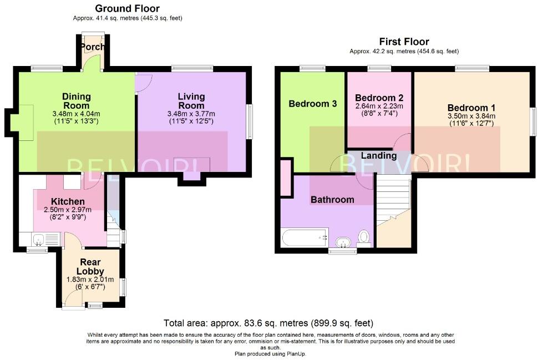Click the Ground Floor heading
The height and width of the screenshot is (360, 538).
click(128, 8)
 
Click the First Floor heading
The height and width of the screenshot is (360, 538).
click(404, 42)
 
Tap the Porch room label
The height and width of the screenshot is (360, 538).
click(92, 47)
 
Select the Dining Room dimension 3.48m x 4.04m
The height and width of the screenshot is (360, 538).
click(76, 114)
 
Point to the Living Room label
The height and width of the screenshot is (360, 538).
click(191, 101)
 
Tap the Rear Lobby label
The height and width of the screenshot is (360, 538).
click(90, 267)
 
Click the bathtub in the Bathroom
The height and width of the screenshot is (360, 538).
click(304, 237)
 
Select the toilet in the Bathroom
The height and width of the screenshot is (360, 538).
click(364, 238)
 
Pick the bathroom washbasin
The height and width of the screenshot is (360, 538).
click(342, 242)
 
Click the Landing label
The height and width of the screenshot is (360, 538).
click(379, 156)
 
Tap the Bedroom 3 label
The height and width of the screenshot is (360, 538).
click(313, 104)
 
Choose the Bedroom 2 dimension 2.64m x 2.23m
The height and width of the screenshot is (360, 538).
click(379, 106)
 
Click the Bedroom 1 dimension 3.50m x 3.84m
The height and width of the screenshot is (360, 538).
click(471, 116)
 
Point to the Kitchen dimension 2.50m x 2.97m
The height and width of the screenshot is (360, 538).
click(68, 210)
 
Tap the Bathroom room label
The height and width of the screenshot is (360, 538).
click(332, 200)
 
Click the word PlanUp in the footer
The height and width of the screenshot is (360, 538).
click(296, 353)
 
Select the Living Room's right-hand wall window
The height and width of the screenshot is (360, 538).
click(250, 121)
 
